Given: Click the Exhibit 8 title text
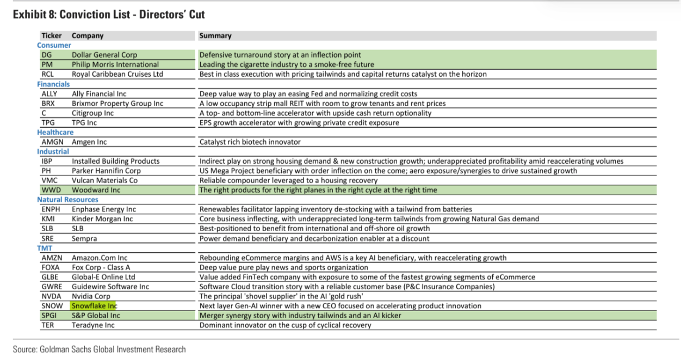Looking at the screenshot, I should click(109, 15).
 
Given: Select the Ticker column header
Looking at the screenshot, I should click(52, 36).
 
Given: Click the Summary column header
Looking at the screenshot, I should click(215, 36).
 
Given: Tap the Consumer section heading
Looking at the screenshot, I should click(54, 45).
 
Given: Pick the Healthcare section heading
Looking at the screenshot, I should click(55, 132).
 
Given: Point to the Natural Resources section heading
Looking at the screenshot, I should click(67, 200).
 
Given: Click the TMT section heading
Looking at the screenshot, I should click(45, 248).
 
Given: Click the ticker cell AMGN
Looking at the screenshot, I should click(52, 142).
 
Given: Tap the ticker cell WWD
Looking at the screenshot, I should click(51, 190).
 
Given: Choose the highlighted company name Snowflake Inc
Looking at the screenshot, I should click(94, 306).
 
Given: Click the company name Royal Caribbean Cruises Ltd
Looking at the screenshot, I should click(117, 74).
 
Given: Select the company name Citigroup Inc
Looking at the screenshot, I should click(92, 113).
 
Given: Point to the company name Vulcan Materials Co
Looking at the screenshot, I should click(104, 181).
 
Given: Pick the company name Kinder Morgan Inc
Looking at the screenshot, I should click(102, 219).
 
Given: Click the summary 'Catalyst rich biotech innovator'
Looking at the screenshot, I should click(250, 142).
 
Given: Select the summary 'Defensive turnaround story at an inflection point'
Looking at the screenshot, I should click(280, 55).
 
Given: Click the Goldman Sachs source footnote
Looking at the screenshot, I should click(100, 349).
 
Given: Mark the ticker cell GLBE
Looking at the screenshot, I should click(50, 277).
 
